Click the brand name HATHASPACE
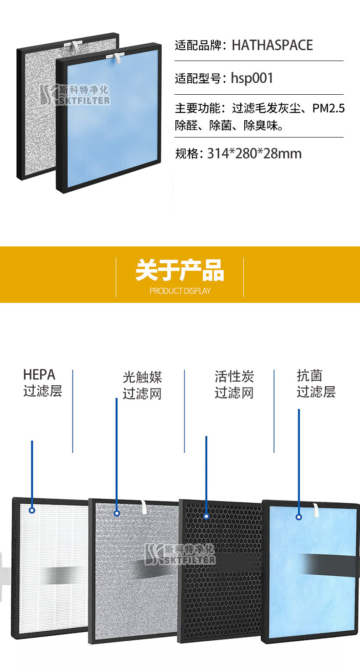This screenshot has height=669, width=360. coord(272,45)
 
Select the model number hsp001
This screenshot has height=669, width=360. coord(252,78)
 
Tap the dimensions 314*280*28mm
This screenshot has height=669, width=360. coord(254,153)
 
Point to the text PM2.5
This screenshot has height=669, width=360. coord(329,108)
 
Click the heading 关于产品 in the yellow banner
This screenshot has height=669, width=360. coord(180,271)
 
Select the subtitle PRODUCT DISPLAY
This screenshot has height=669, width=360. coord(180,291)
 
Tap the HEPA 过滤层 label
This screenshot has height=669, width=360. coord(42,383)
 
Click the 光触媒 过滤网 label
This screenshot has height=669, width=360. coord(142,385)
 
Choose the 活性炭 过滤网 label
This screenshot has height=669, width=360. coord(234,385)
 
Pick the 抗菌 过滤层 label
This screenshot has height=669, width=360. coord(316,384)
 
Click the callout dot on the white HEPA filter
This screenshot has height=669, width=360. coord(32,510)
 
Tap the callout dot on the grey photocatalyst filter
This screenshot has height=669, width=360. coord(117,513)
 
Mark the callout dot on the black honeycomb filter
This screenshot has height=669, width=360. coord(206,516)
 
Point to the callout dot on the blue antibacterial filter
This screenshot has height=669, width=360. coord(299,517)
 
